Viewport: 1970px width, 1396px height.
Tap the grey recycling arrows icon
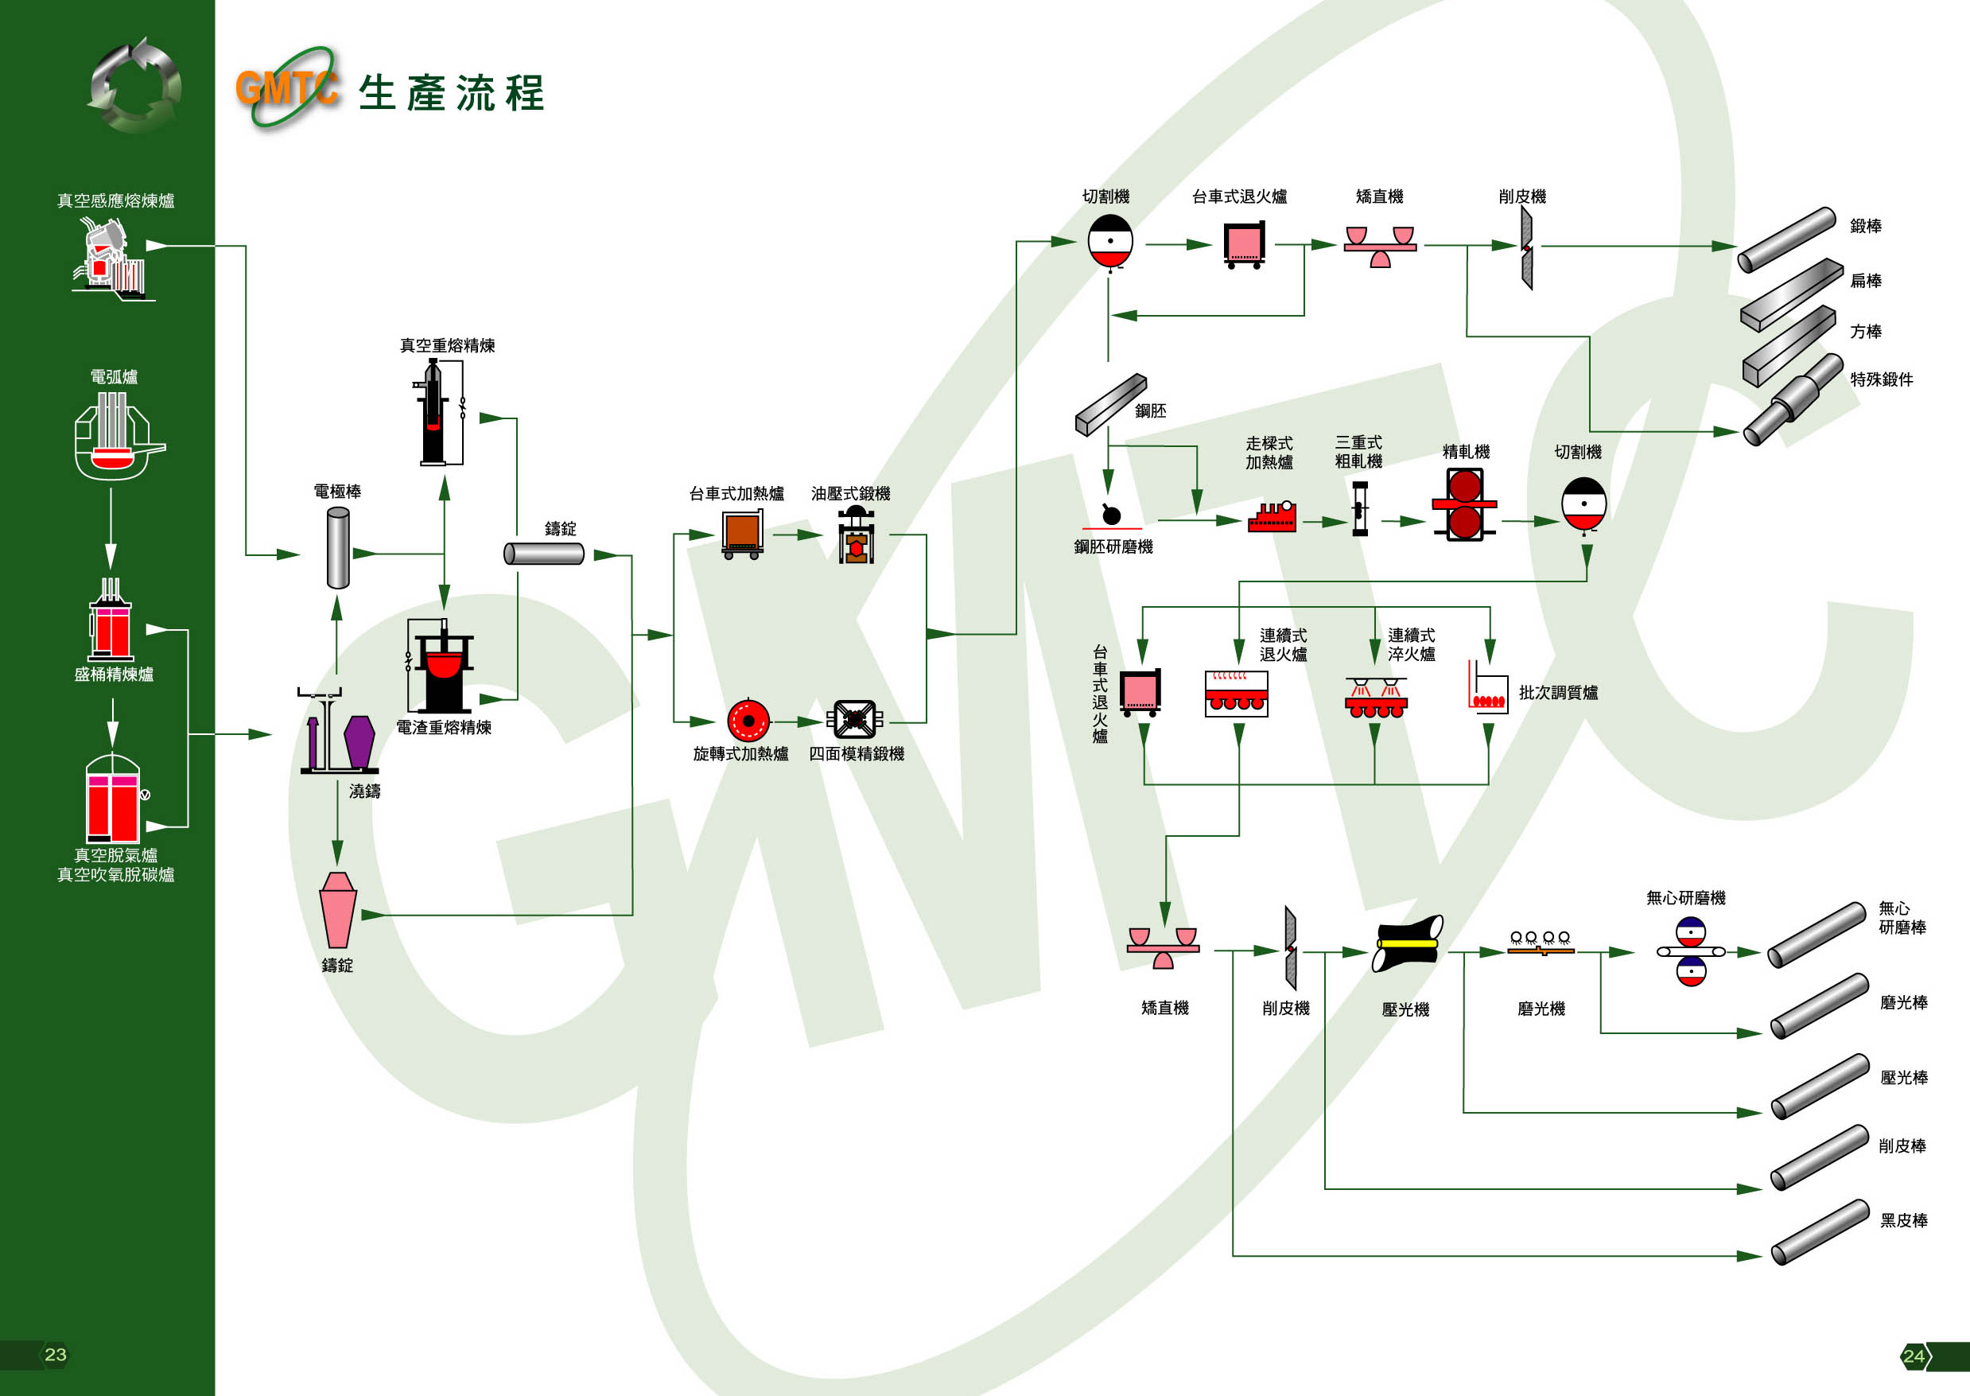[135, 86]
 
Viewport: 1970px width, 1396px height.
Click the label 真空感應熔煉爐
[115, 201]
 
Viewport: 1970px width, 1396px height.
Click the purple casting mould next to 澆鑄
[359, 742]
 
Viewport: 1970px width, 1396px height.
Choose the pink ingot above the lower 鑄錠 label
[338, 910]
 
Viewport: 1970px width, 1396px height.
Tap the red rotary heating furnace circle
[748, 721]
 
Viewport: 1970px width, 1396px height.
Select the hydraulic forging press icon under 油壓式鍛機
[855, 535]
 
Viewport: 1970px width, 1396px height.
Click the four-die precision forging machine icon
[854, 721]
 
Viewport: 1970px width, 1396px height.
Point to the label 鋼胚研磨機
[1113, 546]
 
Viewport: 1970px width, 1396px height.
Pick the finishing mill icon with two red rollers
[1463, 504]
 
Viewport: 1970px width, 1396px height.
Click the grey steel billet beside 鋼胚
[1110, 404]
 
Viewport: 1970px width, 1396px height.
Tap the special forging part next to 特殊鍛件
[1792, 401]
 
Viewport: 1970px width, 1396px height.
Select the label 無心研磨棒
[1902, 918]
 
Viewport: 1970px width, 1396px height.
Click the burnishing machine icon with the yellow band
[1407, 943]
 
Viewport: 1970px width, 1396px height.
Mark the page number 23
[55, 1355]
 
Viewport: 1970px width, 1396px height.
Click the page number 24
[1914, 1356]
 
